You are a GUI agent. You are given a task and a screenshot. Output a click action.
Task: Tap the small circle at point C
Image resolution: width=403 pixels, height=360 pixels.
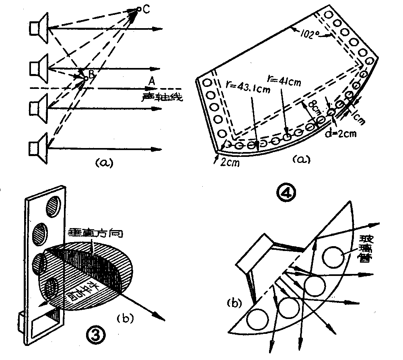tap(139, 9)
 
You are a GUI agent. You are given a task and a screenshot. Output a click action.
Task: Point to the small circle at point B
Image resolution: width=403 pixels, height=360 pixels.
tap(85, 78)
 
